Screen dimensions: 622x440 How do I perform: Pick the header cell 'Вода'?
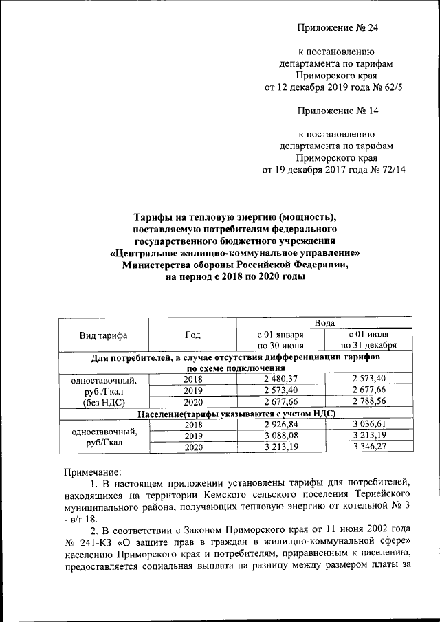(324, 322)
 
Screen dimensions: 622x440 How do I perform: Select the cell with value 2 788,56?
(369, 402)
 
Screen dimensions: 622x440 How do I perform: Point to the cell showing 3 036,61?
(369, 425)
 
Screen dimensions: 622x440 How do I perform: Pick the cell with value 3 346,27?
(369, 447)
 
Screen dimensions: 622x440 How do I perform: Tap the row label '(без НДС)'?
(104, 402)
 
